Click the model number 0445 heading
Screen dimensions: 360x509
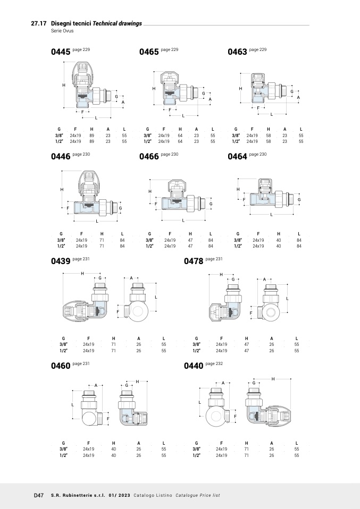(x=61, y=52)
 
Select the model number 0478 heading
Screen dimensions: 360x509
(x=194, y=261)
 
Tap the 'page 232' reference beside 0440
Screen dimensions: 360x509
(x=214, y=363)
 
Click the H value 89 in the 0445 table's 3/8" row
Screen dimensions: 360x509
(x=91, y=135)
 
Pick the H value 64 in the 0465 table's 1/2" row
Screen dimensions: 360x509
(x=180, y=141)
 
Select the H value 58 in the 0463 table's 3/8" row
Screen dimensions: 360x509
(x=269, y=135)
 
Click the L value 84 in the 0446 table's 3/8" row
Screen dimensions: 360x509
(x=122, y=240)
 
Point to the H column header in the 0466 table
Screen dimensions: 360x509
(x=190, y=234)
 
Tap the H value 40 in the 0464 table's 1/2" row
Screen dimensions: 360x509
(x=279, y=246)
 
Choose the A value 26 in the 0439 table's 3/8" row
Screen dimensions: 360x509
(x=139, y=344)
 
